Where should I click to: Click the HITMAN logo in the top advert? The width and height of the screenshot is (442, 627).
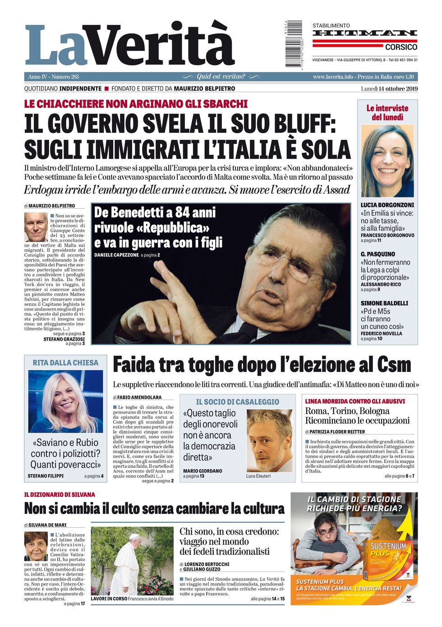click(364, 33)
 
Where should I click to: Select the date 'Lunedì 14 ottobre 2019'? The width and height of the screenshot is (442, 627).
click(389, 88)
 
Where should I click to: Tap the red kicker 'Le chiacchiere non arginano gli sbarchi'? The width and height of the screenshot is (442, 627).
click(136, 104)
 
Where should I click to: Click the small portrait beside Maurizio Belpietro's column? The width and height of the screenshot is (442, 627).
click(36, 227)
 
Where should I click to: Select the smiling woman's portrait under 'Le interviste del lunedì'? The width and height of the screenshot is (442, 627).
click(387, 161)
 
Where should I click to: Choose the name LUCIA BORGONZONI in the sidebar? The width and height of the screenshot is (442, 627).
click(387, 205)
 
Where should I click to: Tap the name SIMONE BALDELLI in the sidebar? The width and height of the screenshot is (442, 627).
click(384, 303)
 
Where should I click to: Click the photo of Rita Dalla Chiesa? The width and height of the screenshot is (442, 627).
click(65, 402)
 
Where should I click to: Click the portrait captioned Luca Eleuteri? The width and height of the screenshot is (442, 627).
click(269, 440)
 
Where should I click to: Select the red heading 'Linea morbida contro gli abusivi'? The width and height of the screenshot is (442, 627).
click(355, 401)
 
